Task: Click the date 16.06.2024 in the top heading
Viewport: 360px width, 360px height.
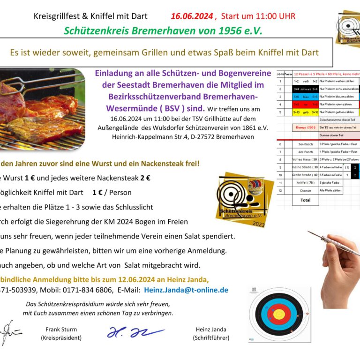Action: click(x=191, y=16)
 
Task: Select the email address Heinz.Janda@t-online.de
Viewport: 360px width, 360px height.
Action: click(x=186, y=290)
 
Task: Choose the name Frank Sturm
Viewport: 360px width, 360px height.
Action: click(x=61, y=330)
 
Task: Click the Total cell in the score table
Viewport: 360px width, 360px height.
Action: click(x=305, y=200)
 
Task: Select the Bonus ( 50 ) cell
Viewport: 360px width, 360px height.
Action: click(x=305, y=127)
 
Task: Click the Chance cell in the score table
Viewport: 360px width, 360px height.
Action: click(x=305, y=190)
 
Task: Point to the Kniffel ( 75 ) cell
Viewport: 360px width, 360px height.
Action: click(x=305, y=183)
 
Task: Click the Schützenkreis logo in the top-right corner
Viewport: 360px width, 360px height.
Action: click(x=348, y=28)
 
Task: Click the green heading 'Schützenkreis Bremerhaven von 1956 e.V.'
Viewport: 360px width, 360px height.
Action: click(x=163, y=31)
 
